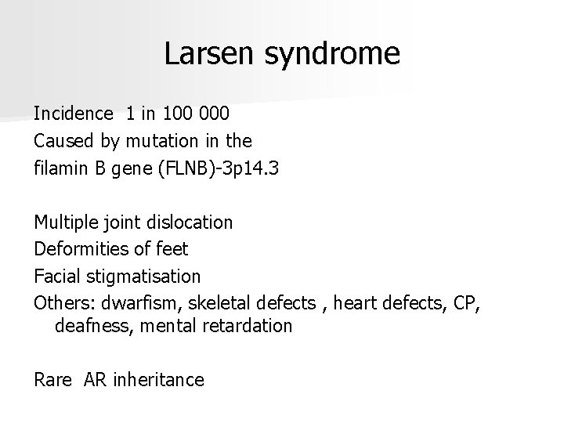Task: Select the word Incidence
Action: (x=73, y=114)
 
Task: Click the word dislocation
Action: (x=191, y=222)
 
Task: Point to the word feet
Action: (x=173, y=249)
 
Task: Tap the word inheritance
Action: (x=158, y=380)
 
